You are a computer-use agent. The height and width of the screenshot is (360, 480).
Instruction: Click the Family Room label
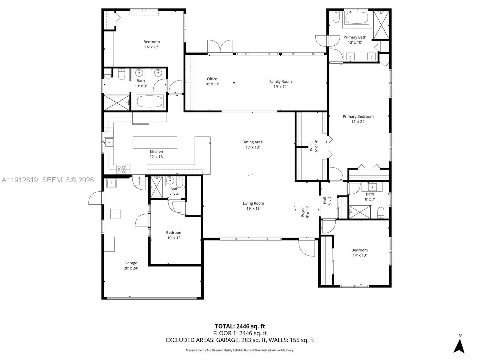coord(280,84)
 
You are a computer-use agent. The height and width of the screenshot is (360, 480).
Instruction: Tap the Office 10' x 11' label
coord(212,81)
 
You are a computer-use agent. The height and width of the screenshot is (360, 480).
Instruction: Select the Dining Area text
coord(252,145)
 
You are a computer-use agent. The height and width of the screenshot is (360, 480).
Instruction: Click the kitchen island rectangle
coord(155,142)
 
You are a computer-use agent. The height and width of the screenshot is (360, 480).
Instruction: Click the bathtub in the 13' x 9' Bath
coord(150,101)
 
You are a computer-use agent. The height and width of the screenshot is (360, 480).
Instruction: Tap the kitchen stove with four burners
coord(121,169)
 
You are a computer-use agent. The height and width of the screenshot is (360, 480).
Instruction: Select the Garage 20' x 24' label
coord(131,265)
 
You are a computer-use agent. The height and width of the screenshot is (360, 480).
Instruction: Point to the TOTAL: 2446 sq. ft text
coord(240,326)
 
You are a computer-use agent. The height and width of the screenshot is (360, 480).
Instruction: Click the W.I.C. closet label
coord(313,146)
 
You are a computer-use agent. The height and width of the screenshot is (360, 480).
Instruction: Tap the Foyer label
coord(305,212)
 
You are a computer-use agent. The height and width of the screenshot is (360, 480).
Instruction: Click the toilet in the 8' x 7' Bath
coord(380,212)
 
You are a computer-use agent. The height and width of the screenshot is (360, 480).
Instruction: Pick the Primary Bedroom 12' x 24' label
coord(358,119)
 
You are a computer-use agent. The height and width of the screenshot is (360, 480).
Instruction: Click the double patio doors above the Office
coord(220,47)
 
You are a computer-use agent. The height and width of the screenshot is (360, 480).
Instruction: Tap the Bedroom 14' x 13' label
coord(359,253)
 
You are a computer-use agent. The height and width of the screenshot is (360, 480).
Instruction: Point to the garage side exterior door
coord(96,198)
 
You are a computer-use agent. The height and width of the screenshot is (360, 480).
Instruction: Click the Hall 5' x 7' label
coord(327,200)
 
